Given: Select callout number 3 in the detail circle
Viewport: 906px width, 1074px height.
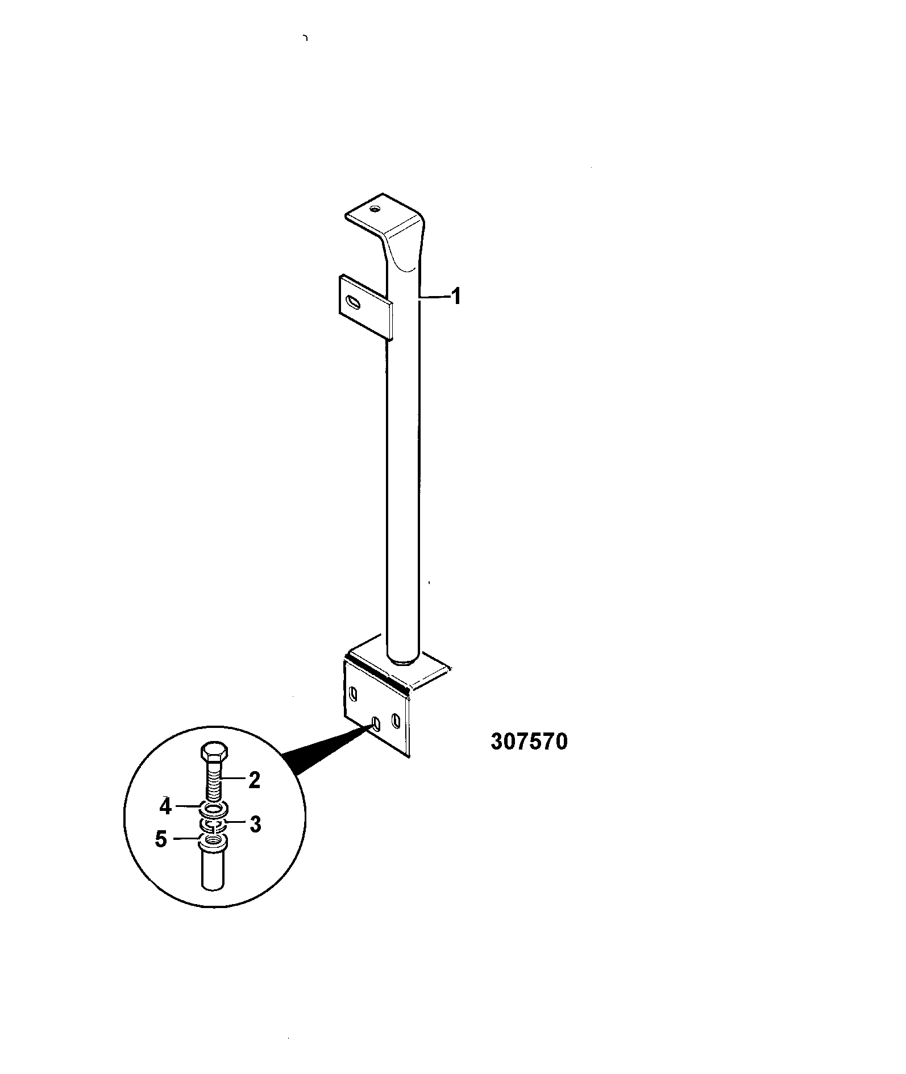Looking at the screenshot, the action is click(x=255, y=824).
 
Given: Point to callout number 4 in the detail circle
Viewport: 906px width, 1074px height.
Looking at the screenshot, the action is click(x=165, y=806).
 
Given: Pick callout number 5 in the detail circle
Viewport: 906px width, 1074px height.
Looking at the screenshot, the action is click(x=161, y=839).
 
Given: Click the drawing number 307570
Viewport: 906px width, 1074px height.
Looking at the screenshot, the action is click(x=529, y=742).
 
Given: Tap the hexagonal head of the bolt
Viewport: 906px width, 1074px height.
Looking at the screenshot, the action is click(x=215, y=753).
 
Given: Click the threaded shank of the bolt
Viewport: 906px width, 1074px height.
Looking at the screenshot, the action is click(x=215, y=783).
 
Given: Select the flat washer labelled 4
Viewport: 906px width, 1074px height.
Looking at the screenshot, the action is click(x=215, y=807).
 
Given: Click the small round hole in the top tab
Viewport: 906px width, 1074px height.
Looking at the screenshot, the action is click(x=374, y=209).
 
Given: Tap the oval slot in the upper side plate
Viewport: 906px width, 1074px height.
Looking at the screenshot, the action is click(x=354, y=302).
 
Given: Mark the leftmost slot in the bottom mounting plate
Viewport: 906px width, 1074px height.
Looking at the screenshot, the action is click(x=354, y=694).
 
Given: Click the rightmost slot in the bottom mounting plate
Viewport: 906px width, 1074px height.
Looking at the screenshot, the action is click(x=396, y=721).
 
